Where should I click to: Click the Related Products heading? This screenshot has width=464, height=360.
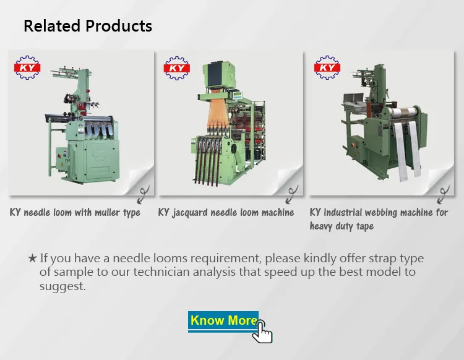[87, 26]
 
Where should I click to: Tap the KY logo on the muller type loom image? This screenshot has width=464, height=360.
[27, 67]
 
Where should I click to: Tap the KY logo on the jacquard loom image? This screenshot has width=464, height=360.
[176, 67]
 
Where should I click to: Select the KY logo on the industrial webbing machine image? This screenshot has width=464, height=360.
[327, 67]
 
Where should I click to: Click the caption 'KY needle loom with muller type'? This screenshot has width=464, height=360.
[75, 213]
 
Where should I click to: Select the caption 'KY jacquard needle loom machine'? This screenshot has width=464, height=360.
[226, 213]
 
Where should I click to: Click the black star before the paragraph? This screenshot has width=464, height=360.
[32, 259]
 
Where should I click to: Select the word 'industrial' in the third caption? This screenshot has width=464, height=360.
[347, 213]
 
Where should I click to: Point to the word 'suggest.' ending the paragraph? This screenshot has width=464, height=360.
[62, 287]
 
